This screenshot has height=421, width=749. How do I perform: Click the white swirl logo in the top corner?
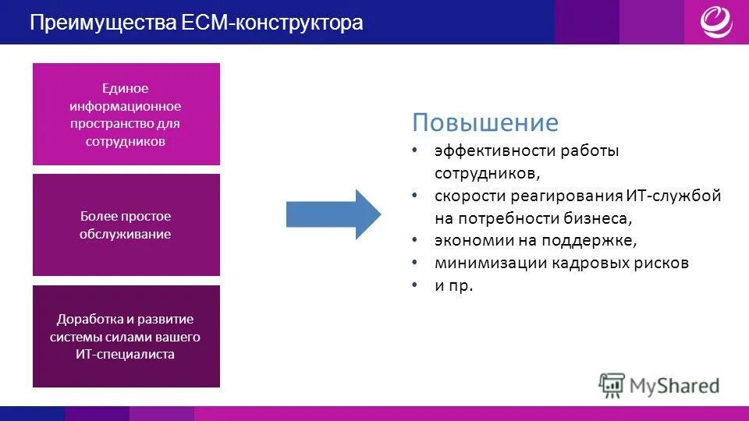(x=715, y=21)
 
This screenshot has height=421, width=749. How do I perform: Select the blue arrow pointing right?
(x=333, y=214)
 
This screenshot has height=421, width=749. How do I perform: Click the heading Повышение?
(x=485, y=123)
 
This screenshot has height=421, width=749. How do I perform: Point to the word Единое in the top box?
(x=126, y=88)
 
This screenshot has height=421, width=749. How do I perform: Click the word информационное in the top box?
(x=126, y=106)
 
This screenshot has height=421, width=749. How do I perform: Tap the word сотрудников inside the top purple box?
(x=126, y=142)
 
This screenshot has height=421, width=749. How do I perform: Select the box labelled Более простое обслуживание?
(x=126, y=225)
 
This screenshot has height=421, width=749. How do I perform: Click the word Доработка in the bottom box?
(x=86, y=320)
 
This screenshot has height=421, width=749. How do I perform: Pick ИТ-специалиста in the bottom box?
(x=126, y=355)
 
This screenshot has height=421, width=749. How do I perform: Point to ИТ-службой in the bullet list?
(x=673, y=196)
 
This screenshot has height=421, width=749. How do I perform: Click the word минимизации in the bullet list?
(x=491, y=264)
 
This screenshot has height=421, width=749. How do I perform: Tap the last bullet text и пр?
(x=454, y=286)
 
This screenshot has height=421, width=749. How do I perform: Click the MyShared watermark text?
(x=675, y=385)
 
